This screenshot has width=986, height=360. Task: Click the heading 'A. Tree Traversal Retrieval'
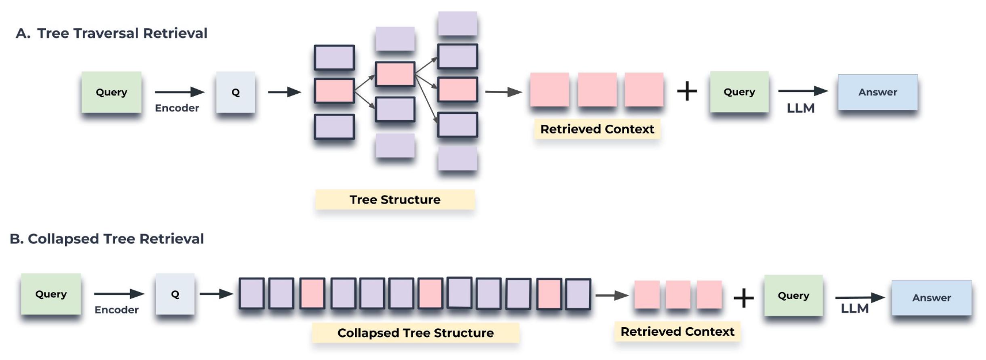click(x=112, y=33)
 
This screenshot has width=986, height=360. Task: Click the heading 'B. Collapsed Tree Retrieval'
click(x=107, y=239)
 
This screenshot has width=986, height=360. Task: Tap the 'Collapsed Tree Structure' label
click(x=415, y=333)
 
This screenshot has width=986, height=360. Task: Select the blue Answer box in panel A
click(x=877, y=92)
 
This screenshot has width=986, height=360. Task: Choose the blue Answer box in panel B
click(x=931, y=298)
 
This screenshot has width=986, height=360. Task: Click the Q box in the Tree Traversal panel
click(x=235, y=92)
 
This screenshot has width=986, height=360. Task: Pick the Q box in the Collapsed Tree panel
click(x=175, y=294)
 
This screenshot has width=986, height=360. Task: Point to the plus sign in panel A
click(x=687, y=91)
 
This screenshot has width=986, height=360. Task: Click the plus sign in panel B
click(x=743, y=297)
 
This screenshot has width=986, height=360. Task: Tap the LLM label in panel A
click(x=800, y=108)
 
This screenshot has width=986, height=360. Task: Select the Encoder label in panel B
click(x=116, y=310)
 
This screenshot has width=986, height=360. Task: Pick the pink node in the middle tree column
click(x=395, y=74)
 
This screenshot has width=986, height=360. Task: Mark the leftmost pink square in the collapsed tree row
click(x=312, y=293)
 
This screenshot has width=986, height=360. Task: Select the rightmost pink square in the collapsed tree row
click(x=549, y=294)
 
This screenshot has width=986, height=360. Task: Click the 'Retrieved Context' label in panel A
click(x=597, y=129)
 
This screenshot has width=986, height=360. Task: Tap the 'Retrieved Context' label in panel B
click(x=677, y=332)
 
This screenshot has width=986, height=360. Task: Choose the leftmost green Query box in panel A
click(x=112, y=92)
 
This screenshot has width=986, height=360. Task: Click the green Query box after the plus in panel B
click(x=793, y=296)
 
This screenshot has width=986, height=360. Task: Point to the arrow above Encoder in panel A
click(x=179, y=92)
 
